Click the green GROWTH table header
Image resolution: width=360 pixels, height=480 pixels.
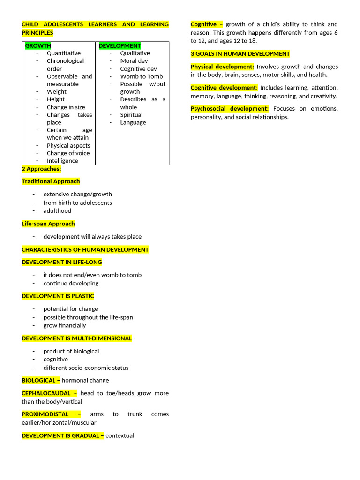click(x=38, y=46)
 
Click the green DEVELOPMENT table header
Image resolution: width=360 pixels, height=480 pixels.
click(x=120, y=46)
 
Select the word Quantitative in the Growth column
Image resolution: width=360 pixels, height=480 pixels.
click(x=64, y=53)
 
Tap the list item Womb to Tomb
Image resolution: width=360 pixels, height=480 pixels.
click(x=142, y=76)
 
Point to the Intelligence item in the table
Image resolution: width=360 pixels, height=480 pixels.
click(x=62, y=161)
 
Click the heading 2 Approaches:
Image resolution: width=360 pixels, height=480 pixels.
click(x=41, y=169)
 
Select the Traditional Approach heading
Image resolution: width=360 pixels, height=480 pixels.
click(x=51, y=181)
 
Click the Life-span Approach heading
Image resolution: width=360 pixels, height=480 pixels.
click(x=48, y=224)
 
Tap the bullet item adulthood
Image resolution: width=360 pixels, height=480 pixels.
click(x=57, y=211)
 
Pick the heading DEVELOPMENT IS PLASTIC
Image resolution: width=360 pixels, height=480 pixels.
click(x=58, y=296)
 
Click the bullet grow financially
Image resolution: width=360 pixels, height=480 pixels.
click(x=65, y=325)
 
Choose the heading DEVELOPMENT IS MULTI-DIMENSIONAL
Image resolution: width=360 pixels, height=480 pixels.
click(x=77, y=338)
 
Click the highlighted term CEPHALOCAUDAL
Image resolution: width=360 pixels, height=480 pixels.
click(x=46, y=393)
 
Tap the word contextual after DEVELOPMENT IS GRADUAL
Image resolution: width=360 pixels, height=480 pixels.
click(x=120, y=436)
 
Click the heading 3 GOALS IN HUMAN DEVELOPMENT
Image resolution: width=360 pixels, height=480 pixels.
click(x=240, y=54)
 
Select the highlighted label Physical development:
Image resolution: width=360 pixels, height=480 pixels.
click(x=222, y=67)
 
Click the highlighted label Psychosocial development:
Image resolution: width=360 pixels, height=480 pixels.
click(x=230, y=109)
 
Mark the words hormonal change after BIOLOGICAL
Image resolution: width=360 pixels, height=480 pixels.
click(x=85, y=381)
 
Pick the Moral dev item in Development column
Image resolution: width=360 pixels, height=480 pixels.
click(x=134, y=61)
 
